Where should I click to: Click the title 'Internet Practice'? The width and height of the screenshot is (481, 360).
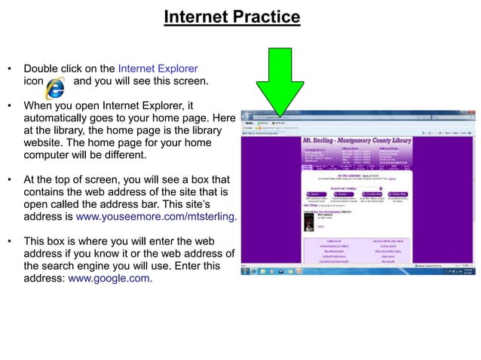coord(231,17)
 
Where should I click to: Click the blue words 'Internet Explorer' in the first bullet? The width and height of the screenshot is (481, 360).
coord(158,68)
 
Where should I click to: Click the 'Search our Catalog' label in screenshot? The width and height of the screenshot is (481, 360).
coord(346,188)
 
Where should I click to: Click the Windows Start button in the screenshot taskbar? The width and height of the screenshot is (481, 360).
coord(245,271)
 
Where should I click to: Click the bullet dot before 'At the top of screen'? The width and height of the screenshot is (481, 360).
coord(10,180)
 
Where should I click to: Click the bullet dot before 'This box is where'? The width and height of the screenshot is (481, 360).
coord(10,241)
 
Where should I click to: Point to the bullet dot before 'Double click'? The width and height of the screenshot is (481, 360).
coord(10,68)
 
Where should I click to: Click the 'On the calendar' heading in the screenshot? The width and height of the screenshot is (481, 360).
coord(354,175)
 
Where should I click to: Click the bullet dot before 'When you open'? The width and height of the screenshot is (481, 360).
coord(10,107)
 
